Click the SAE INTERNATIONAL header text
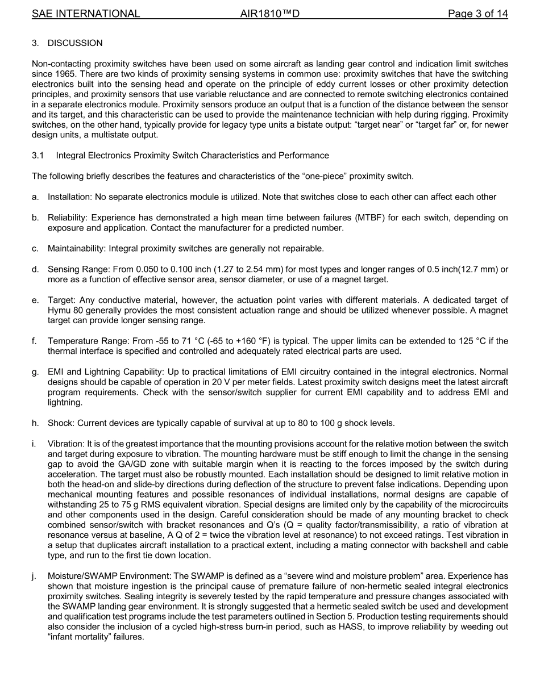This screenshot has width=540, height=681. (86, 14)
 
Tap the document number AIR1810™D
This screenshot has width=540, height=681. (269, 14)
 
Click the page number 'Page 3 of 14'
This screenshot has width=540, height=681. (477, 14)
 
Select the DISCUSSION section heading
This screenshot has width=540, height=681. (75, 43)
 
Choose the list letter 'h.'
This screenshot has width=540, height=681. (35, 423)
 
